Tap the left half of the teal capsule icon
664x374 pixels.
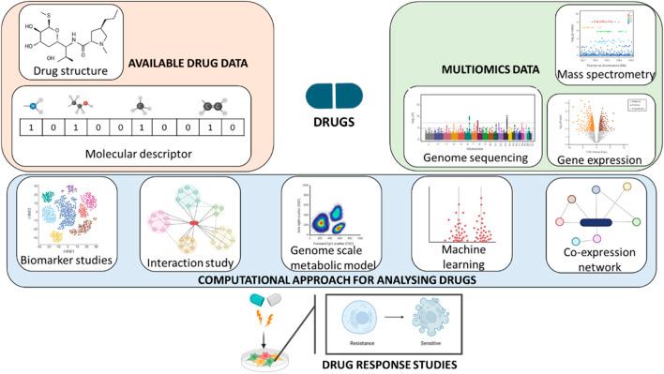click(x=321, y=96)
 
